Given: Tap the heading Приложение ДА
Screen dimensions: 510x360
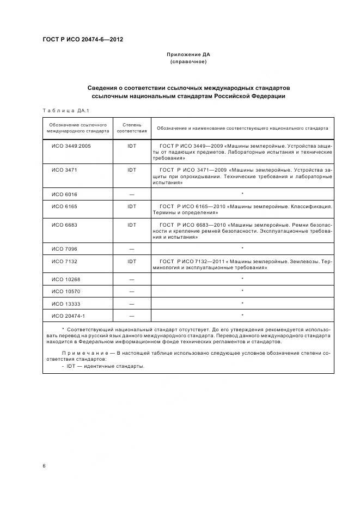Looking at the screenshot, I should tap(188, 55).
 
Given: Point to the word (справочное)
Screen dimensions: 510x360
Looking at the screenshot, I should tap(188, 62).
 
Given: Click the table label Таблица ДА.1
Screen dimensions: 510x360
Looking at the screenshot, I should tap(62, 111).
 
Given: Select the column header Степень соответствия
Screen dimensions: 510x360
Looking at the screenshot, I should tap(131, 128).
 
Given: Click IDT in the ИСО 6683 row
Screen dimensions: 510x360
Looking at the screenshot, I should tap(131, 224).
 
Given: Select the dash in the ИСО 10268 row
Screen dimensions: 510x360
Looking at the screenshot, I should tap(131, 279).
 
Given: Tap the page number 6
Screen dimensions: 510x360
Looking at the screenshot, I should tap(44, 466).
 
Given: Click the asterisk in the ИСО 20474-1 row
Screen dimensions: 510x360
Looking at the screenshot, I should tap(242, 315).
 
